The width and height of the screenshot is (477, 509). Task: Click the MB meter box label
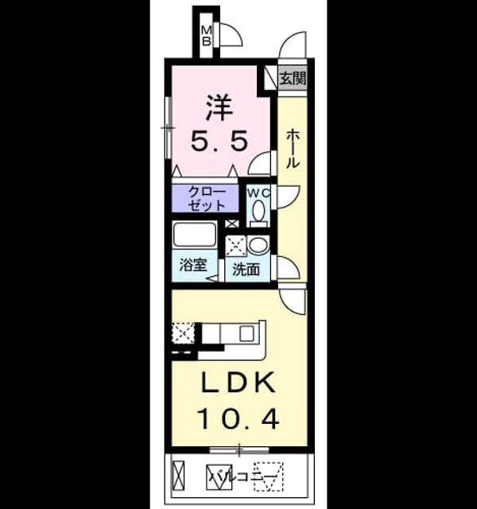(207, 36)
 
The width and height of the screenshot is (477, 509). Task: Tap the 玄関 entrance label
(293, 78)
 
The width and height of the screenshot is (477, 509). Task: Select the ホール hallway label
(293, 148)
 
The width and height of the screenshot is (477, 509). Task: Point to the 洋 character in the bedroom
(219, 107)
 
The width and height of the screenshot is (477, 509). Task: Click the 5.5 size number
(219, 141)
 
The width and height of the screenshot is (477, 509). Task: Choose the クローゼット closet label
(207, 199)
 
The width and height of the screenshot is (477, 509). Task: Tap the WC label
(258, 193)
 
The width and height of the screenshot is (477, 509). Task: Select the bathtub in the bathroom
(194, 235)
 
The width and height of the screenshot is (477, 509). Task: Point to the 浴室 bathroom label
(193, 265)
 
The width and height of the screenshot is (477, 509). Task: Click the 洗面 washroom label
(246, 269)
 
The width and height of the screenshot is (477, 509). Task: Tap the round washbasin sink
(258, 245)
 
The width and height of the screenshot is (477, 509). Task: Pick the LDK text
(238, 383)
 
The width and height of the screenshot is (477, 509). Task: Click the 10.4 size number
(238, 419)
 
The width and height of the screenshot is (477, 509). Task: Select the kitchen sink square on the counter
(246, 333)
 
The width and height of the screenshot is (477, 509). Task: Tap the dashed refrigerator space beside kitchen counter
(183, 332)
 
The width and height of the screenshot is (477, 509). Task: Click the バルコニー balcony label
(244, 476)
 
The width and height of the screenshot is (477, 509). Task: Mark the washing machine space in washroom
(236, 246)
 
